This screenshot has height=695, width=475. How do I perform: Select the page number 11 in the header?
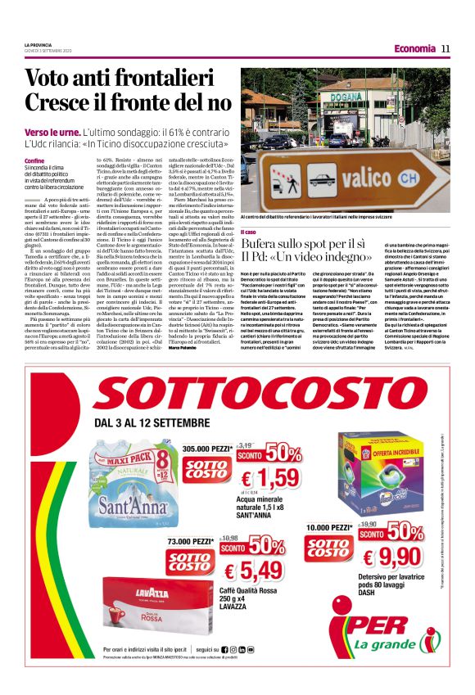click(x=446, y=48)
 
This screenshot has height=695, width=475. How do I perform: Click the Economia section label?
click(x=414, y=48)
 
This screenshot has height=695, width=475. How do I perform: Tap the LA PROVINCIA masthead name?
click(x=38, y=44)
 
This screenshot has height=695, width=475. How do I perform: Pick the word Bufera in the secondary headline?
click(x=263, y=244)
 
